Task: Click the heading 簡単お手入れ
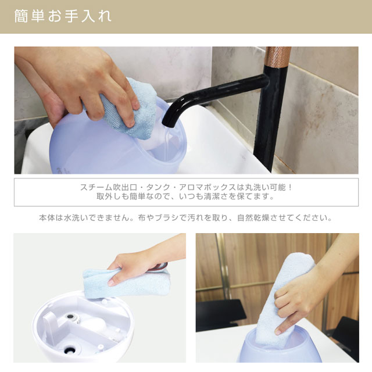pos(63,16)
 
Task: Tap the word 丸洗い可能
pos(265,187)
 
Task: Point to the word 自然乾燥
pos(253,218)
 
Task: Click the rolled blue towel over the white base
pos(127,283)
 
